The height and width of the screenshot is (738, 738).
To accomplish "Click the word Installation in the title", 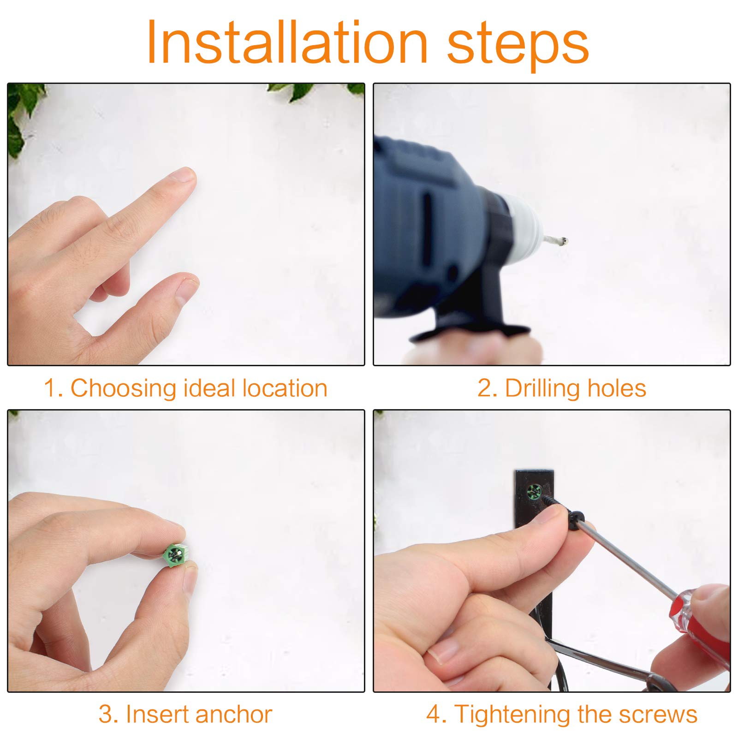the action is pyautogui.click(x=287, y=42).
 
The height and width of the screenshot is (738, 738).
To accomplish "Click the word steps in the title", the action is pyautogui.click(x=518, y=46).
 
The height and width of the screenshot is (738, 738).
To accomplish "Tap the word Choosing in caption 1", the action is pyautogui.click(x=123, y=388).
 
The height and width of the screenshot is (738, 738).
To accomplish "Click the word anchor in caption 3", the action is pyautogui.click(x=234, y=714).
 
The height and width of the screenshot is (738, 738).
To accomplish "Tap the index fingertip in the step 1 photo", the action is pyautogui.click(x=184, y=178).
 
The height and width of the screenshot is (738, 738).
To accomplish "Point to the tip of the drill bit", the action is pyautogui.click(x=565, y=241).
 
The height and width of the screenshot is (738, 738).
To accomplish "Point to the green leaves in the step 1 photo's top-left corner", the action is pyautogui.click(x=23, y=115).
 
